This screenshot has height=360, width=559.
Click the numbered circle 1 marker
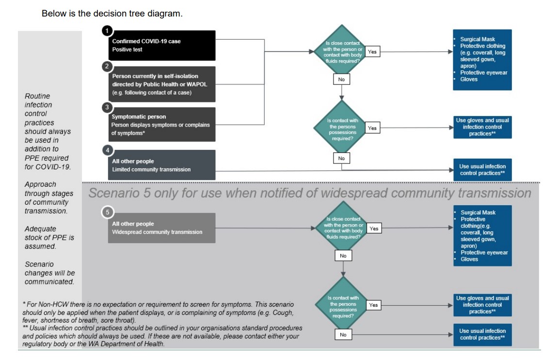click(106, 31)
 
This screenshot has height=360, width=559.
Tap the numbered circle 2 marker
click(107, 66)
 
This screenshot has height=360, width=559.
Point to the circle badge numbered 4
click(107, 150)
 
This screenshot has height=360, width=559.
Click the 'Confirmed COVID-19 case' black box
click(161, 45)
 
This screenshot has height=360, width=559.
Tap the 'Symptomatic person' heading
click(139, 117)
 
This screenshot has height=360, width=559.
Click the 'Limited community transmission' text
click(151, 169)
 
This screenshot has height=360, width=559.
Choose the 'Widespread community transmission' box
click(161, 228)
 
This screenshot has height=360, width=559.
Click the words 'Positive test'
click(127, 49)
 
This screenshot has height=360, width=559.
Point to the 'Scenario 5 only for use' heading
click(309, 193)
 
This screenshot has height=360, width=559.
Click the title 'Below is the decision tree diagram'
click(112, 14)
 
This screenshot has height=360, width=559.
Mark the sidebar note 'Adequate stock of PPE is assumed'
click(49, 237)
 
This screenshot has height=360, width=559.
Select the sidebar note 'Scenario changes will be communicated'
click(49, 273)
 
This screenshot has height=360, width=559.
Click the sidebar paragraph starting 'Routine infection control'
click(48, 131)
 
